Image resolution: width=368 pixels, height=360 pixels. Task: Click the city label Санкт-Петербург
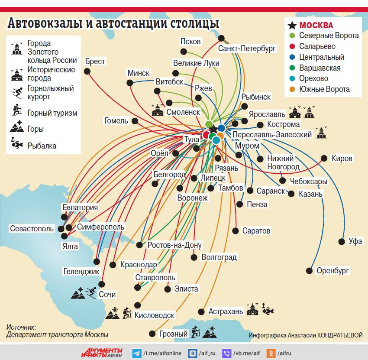coord(247,49)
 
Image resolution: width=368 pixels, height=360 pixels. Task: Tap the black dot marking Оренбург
coord(309,271)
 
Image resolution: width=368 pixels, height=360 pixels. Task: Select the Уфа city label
coord(355,241)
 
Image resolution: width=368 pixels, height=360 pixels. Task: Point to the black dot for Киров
coord(324,158)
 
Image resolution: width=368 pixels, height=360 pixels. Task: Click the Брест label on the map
coord(95,62)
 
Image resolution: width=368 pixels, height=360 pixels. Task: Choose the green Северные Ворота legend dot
coord(292,36)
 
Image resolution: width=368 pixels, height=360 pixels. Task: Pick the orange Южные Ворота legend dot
coord(292,90)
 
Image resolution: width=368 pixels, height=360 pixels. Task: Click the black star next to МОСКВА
coord(292,25)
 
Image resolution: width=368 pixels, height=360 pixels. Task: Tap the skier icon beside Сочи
coord(91,293)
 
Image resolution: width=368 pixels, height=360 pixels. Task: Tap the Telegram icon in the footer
coord(137,353)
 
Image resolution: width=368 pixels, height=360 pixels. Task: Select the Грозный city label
coord(173,334)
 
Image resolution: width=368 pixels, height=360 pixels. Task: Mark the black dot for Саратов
coord(236,230)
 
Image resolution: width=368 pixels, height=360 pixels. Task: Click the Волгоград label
coord(219,257)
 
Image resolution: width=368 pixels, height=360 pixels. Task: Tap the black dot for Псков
coord(184,52)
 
